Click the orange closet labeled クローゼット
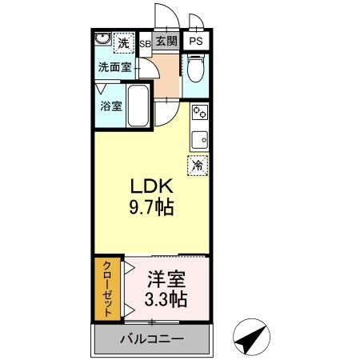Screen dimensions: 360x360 click(x=107, y=289)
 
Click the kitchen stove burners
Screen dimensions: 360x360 click(x=198, y=114)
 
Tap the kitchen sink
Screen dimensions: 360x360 click(x=198, y=138)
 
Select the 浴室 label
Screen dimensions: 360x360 click(x=110, y=105)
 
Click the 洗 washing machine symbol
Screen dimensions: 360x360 click(x=123, y=42)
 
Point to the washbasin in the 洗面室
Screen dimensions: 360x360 click(x=103, y=41)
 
